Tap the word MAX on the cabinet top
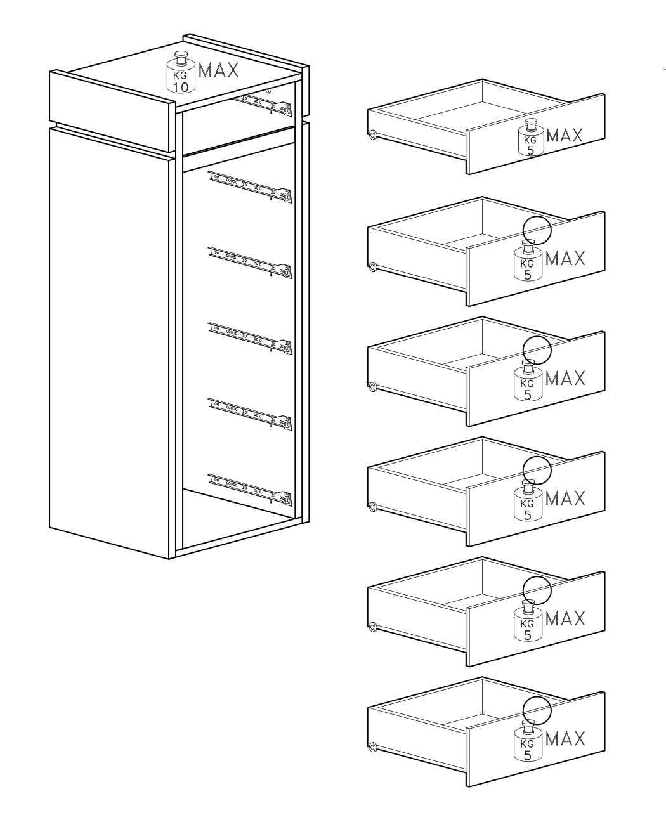pos(218,70)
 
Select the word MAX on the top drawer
pos(564,135)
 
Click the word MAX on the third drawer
pos(565,378)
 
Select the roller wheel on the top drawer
pos(372,135)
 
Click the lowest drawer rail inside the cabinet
pos(250,490)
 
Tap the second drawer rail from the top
pos(250,187)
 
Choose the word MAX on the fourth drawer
pos(565,498)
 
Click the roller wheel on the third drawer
pos(372,387)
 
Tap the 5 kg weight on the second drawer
pos(528,260)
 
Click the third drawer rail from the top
pos(250,263)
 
